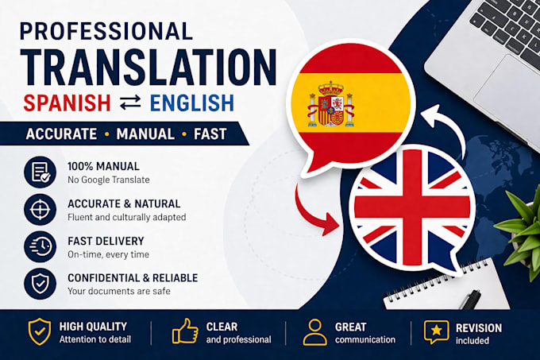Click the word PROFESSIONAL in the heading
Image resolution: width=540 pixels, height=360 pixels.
click(x=106, y=31)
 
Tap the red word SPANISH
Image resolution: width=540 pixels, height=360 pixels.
click(x=67, y=103)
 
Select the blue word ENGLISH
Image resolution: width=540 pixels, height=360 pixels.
click(x=192, y=103)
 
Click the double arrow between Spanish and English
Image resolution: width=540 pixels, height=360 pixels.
click(x=130, y=103)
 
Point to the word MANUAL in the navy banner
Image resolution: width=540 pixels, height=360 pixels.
click(x=145, y=134)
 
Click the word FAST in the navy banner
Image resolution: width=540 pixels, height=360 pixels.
click(x=210, y=134)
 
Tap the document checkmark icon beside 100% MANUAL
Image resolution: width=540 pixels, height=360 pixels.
click(x=40, y=172)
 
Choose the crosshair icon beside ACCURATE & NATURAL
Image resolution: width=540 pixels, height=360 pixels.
click(x=40, y=210)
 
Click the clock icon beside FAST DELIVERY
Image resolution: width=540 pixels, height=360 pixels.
click(x=40, y=246)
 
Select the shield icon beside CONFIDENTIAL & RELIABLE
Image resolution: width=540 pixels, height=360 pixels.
click(x=40, y=284)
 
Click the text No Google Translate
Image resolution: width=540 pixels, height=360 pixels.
click(x=109, y=180)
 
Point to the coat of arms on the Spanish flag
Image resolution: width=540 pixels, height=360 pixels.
click(x=331, y=104)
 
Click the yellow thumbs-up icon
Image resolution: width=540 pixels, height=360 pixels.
click(x=185, y=331)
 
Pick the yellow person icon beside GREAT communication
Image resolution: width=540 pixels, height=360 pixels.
click(x=314, y=332)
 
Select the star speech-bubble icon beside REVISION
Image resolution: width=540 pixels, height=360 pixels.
click(x=436, y=331)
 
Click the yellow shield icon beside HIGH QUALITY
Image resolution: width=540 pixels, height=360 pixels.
click(x=40, y=331)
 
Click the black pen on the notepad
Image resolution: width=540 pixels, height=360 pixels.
click(x=470, y=299)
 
